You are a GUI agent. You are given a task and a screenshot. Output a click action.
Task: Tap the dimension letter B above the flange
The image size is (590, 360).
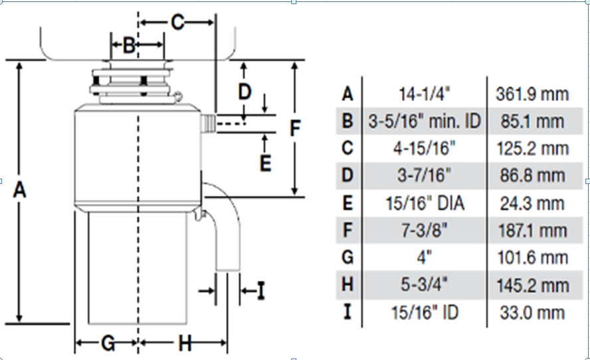129,45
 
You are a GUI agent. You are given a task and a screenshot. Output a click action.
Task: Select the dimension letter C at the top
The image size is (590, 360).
177,22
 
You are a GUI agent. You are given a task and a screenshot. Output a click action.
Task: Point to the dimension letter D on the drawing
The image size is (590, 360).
245,92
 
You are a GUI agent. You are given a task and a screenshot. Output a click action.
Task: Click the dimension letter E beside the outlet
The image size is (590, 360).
266,163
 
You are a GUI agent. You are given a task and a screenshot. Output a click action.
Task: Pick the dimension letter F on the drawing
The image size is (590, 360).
296,128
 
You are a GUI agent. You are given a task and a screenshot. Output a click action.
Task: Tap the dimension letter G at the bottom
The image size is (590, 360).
108,343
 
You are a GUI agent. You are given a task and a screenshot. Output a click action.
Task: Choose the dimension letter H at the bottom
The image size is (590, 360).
185,343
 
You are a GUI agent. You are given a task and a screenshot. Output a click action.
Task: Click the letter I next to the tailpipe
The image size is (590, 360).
261,291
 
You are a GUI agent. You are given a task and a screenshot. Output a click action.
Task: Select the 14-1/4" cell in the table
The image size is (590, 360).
425,93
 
